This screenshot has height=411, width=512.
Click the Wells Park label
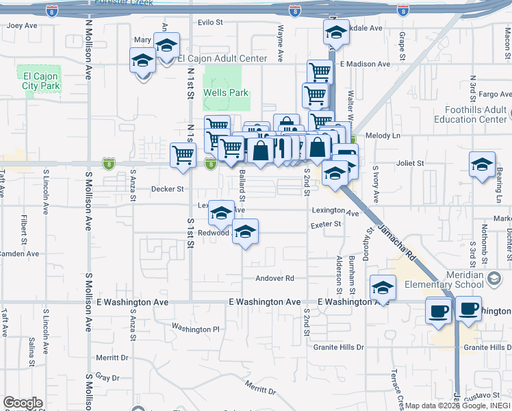[x=225, y=92]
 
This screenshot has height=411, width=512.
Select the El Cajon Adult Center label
[x=222, y=59]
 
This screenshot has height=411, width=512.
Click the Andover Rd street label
[x=274, y=278]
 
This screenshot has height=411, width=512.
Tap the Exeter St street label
[x=326, y=224]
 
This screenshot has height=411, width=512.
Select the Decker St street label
[x=168, y=188]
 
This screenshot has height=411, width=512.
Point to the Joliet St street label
[x=411, y=164]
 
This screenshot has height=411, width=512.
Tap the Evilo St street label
[x=210, y=23]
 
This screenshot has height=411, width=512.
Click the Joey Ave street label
[x=22, y=26]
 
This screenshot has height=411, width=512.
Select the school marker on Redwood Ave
[x=245, y=231]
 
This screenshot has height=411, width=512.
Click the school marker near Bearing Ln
[x=482, y=164]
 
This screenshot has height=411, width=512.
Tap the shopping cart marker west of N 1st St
[x=183, y=155]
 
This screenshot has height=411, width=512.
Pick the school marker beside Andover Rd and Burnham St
[x=383, y=286]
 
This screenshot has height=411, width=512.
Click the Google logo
[x=23, y=403]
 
